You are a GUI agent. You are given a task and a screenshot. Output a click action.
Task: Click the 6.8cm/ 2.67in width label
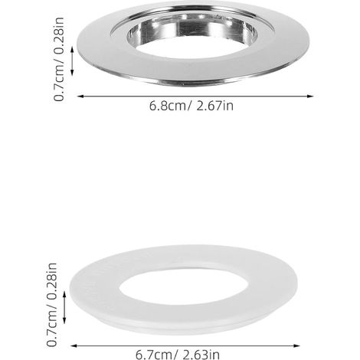(x=191, y=106)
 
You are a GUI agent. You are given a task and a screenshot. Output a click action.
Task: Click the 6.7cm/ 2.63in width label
(x=178, y=355)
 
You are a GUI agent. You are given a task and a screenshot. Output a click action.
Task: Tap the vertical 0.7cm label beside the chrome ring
(x=59, y=59)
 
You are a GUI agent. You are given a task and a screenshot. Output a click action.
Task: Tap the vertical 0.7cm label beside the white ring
(x=52, y=305)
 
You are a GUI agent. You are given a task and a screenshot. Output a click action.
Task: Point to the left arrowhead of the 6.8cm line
(x=80, y=97)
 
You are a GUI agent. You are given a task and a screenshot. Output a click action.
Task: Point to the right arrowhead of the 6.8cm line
(x=310, y=97)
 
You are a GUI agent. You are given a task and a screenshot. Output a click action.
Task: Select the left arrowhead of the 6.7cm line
(x=74, y=346)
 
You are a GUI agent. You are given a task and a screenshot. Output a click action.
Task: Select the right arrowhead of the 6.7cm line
(x=296, y=346)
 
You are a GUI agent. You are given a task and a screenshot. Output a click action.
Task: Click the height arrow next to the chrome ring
(x=72, y=61)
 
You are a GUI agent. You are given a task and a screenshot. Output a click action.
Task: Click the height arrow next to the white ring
(x=64, y=308)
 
